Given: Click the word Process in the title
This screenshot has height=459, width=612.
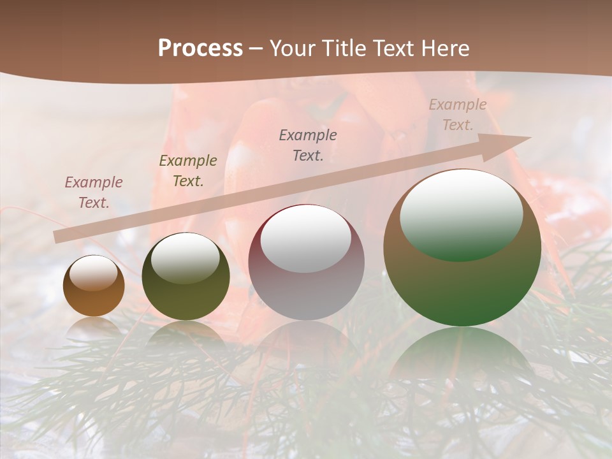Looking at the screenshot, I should [x=200, y=48].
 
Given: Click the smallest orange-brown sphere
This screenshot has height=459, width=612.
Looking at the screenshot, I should [x=94, y=286].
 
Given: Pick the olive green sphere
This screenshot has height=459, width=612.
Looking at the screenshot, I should [x=186, y=277].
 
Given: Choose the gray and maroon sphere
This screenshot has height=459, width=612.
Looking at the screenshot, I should [x=307, y=263].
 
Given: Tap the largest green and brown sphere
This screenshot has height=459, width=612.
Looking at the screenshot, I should [x=462, y=247].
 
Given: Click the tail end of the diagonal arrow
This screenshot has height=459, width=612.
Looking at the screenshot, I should [x=56, y=237].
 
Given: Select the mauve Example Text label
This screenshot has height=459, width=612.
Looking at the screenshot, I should [x=94, y=193].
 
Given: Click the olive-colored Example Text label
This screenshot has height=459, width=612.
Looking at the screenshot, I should [x=188, y=171].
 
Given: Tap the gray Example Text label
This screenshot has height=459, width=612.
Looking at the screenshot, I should [x=308, y=145].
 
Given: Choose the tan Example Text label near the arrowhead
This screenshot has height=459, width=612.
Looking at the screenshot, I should [x=457, y=115].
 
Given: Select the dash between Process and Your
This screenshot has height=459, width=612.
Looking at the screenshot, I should [x=256, y=48].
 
